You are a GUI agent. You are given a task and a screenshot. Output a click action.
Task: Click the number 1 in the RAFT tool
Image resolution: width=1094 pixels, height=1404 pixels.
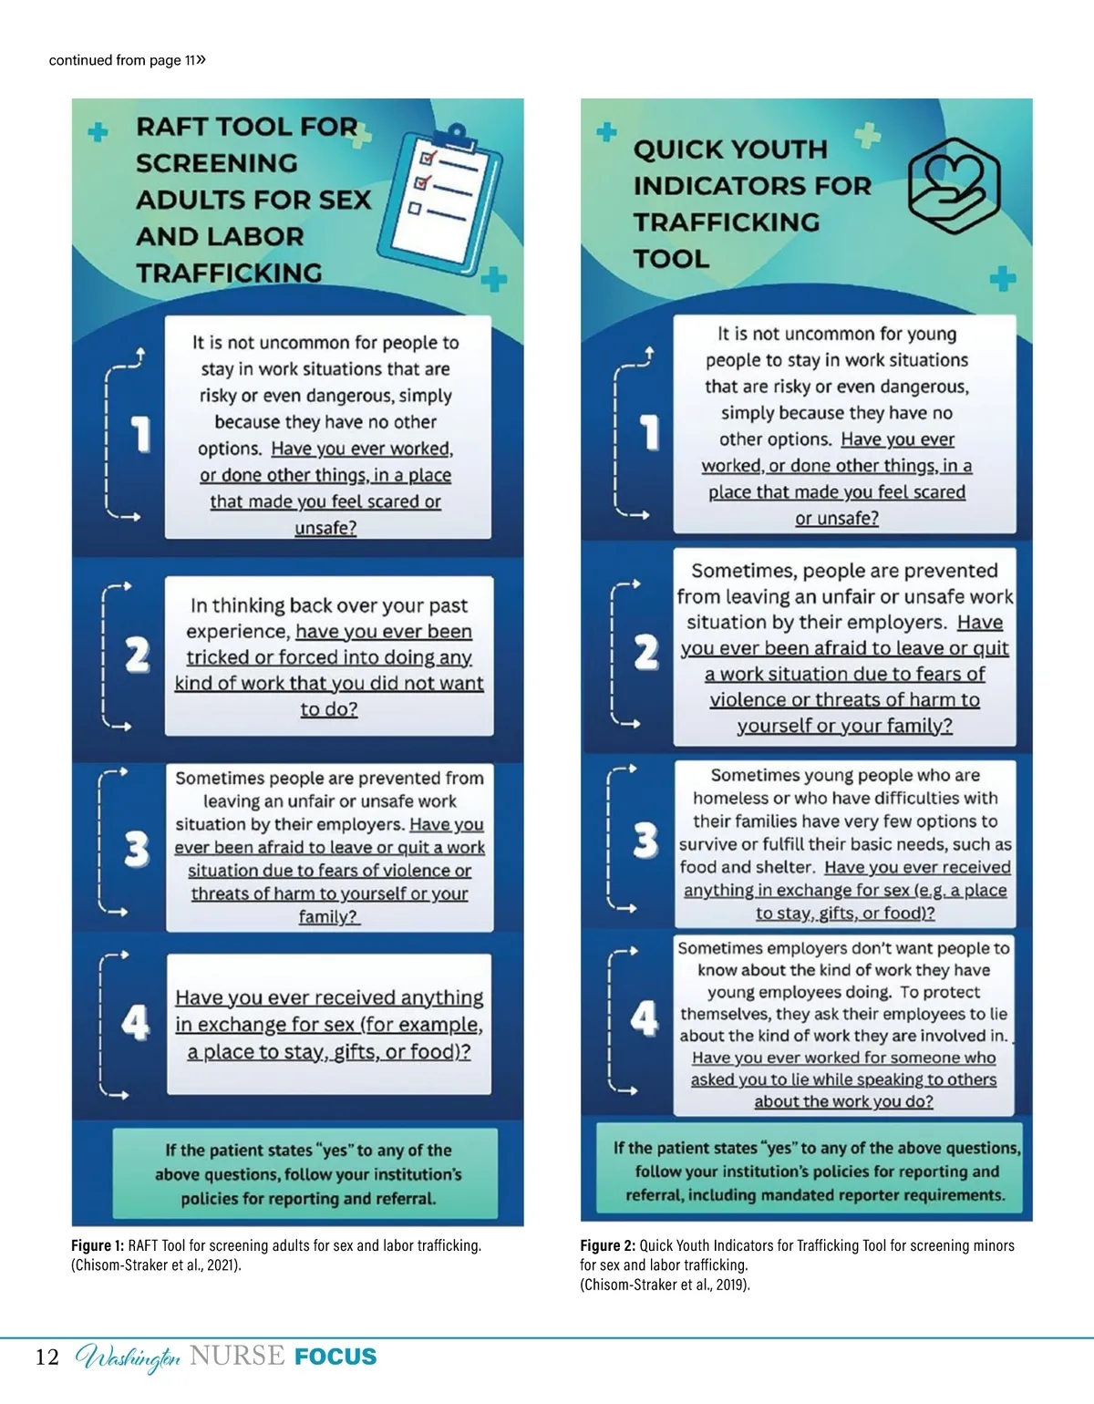pyautogui.click(x=139, y=434)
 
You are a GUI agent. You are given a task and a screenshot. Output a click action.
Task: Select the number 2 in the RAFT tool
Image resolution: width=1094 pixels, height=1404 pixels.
pyautogui.click(x=138, y=655)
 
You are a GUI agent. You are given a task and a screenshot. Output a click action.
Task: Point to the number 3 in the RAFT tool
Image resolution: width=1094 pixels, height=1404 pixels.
pyautogui.click(x=137, y=848)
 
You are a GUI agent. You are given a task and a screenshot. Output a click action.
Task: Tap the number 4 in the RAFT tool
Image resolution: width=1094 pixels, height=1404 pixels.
pyautogui.click(x=136, y=1022)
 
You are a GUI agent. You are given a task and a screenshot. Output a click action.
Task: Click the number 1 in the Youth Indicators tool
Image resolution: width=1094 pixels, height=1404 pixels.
pyautogui.click(x=648, y=431)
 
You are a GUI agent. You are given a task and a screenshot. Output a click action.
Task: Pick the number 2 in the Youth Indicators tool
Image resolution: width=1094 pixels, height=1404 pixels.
pyautogui.click(x=646, y=652)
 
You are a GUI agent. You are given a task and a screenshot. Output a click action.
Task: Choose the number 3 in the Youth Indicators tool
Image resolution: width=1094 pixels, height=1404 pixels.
pyautogui.click(x=645, y=840)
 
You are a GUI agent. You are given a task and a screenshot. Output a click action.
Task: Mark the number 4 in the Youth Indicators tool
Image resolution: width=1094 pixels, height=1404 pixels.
pyautogui.click(x=645, y=1017)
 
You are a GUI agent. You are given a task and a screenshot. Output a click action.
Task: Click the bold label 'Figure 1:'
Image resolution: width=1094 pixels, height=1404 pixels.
pyautogui.click(x=98, y=1245)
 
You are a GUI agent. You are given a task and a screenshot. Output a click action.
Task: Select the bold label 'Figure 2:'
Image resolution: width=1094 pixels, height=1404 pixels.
pyautogui.click(x=607, y=1245)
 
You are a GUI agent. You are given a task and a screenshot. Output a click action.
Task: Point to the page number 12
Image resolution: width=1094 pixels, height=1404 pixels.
pyautogui.click(x=47, y=1358)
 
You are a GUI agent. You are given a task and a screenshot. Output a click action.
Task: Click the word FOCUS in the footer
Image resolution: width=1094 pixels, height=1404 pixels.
pyautogui.click(x=335, y=1357)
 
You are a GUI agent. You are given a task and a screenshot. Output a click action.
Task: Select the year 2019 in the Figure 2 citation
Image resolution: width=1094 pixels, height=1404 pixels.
pyautogui.click(x=730, y=1285)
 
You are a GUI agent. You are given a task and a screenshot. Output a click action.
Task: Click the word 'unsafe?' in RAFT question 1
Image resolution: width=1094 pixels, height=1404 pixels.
pyautogui.click(x=325, y=528)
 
